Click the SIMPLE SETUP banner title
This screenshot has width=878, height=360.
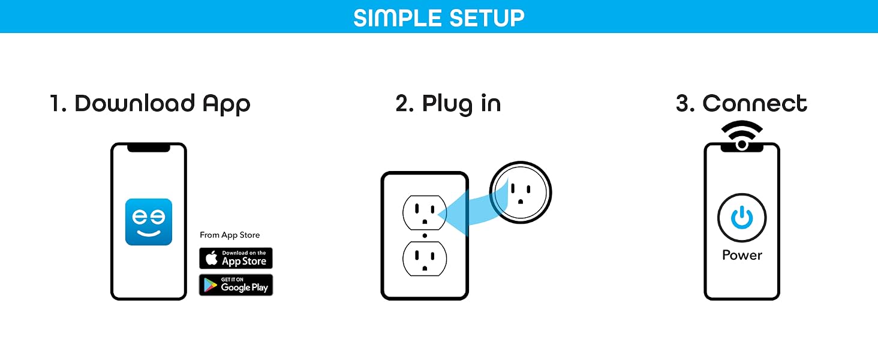[438, 18]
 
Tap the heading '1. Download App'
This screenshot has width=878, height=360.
[150, 104]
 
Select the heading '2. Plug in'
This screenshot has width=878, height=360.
[448, 104]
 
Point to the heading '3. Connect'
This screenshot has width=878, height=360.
[741, 104]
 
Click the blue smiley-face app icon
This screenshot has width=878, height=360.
[149, 222]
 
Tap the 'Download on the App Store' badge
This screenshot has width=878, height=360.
[236, 258]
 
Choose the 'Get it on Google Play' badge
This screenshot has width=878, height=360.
[236, 285]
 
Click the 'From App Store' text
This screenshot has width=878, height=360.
[230, 235]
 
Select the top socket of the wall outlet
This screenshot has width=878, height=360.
[425, 212]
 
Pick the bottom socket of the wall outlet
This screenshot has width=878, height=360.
[425, 259]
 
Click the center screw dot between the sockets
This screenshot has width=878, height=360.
[425, 236]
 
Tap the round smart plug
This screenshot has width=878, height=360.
[521, 192]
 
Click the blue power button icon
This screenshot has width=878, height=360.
[742, 218]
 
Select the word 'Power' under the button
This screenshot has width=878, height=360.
[742, 255]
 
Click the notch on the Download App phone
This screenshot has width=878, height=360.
[149, 148]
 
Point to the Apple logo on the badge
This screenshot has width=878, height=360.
[212, 258]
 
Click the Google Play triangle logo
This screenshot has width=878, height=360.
[211, 285]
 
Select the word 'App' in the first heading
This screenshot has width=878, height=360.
[226, 104]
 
